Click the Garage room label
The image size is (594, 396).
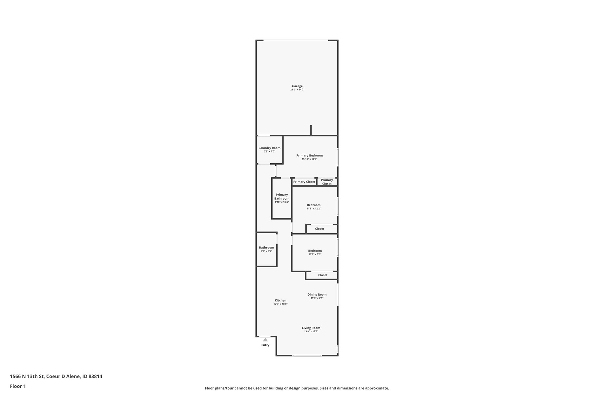297,86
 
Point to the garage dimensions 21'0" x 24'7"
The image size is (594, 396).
297,90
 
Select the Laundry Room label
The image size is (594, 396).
269,148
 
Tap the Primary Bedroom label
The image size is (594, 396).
309,155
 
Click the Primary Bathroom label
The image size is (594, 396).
281,197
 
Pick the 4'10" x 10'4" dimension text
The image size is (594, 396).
281,202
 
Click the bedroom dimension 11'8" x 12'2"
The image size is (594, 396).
313,209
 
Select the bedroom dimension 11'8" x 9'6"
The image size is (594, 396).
315,254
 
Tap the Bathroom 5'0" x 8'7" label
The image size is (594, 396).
266,249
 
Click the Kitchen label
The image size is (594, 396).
280,300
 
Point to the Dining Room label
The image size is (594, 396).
317,294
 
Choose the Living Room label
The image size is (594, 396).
311,328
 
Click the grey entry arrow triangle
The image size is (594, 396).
265,340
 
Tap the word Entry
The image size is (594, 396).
265,345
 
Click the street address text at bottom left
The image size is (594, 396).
56,377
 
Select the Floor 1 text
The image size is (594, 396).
18,386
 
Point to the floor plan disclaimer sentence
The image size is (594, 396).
297,388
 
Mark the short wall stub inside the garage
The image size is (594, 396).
311,130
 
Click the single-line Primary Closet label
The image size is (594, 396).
304,182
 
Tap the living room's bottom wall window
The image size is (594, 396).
307,355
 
